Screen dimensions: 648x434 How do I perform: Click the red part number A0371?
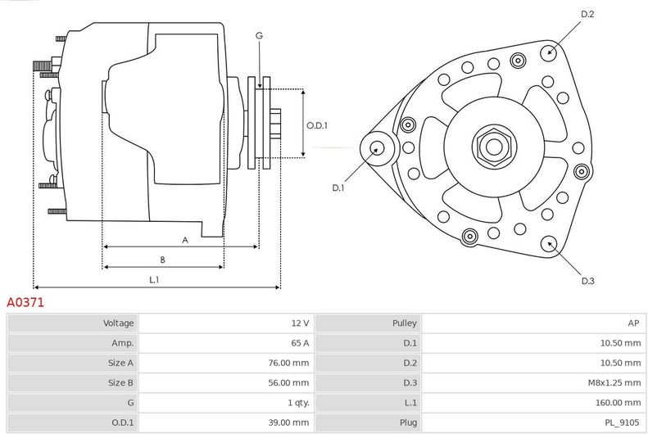25,302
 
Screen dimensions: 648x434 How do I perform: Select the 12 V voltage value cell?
300,323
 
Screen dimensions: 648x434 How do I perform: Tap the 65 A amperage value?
300,343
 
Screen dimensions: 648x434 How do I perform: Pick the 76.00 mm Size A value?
288,363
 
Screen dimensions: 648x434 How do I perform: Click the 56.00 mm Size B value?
288,382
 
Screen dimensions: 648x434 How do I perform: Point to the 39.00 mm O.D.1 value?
288,423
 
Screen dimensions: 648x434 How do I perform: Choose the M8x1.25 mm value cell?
614,382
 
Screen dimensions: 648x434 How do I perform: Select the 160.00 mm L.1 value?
619,403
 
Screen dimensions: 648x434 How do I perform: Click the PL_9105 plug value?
622,423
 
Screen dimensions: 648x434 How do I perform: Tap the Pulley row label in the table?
404,323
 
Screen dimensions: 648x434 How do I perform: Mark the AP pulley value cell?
633,323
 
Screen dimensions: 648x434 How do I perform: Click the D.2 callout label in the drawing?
587,14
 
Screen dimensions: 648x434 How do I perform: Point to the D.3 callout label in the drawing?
587,281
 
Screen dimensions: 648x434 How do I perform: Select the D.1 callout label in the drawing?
338,188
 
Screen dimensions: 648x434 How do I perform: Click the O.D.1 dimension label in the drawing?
317,125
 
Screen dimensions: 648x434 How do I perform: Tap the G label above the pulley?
259,36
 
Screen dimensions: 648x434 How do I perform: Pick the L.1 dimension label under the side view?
154,280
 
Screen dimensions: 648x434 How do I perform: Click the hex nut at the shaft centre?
494,146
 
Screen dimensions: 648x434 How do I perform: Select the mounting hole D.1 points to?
377,148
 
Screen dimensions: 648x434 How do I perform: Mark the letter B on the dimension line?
162,260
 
